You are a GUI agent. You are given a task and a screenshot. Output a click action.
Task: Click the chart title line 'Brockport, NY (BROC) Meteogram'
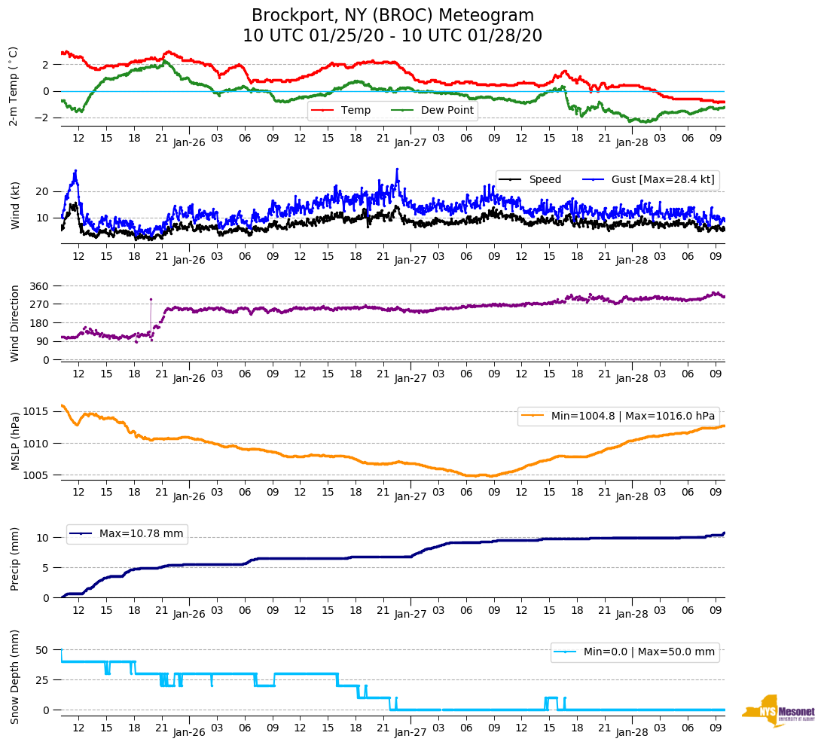(x=392, y=16)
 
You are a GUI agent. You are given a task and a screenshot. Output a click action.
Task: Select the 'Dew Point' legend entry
(x=447, y=111)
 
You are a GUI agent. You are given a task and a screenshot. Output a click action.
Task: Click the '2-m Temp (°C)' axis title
(x=14, y=86)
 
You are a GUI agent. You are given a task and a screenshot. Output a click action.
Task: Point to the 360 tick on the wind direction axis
(x=40, y=286)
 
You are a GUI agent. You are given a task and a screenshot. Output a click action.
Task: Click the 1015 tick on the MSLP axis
(x=38, y=411)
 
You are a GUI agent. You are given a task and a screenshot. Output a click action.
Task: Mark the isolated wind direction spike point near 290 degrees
(x=151, y=299)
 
